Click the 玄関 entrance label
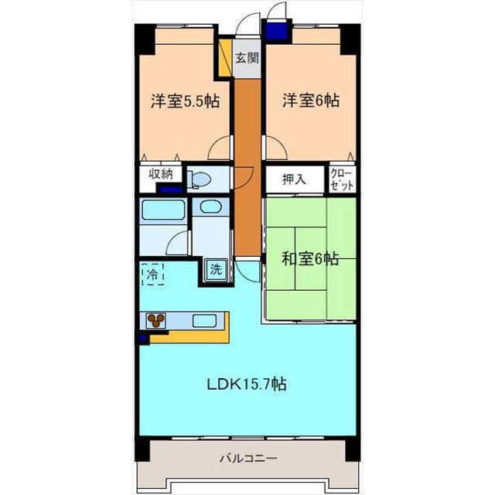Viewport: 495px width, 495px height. (247, 58)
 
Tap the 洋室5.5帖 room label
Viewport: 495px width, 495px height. (185, 101)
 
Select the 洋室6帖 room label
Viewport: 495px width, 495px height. (311, 101)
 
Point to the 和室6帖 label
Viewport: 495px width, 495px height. (310, 259)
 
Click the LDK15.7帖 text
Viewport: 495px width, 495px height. (247, 384)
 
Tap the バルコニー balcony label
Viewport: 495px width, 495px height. (249, 458)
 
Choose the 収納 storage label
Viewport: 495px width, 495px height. (161, 174)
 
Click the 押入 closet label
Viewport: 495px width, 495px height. (294, 179)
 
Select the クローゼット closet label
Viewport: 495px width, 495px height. (342, 179)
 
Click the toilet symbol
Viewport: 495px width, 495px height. (199, 179)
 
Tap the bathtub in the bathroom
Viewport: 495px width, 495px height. (163, 210)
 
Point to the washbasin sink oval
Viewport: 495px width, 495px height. (210, 207)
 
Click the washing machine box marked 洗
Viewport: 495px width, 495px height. (217, 270)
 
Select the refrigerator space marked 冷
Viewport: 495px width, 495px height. (153, 275)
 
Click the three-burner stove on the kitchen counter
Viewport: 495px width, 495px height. (156, 321)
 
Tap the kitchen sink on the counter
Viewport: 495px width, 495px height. (204, 321)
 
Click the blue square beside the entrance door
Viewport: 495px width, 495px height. (277, 29)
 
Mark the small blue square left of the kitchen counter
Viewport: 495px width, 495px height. (143, 339)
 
